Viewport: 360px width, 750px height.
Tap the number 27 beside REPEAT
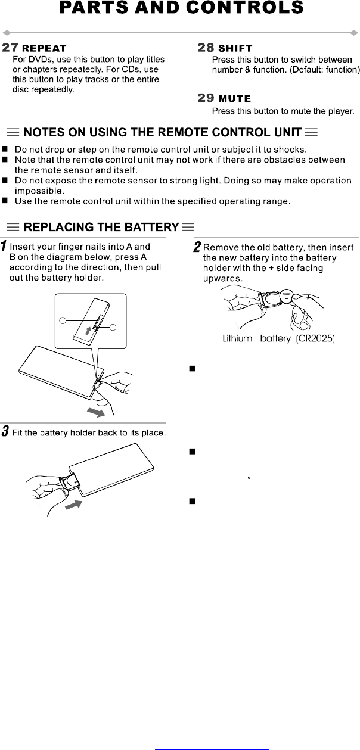tap(11, 47)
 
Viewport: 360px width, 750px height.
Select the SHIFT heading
tap(235, 48)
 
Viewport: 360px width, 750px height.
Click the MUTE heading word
tap(235, 99)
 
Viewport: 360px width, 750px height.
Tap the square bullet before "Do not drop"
tap(5, 148)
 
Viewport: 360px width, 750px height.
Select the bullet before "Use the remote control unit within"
tap(5, 201)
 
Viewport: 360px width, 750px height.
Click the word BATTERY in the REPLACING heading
tap(150, 227)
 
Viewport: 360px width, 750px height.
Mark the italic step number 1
tap(5, 246)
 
